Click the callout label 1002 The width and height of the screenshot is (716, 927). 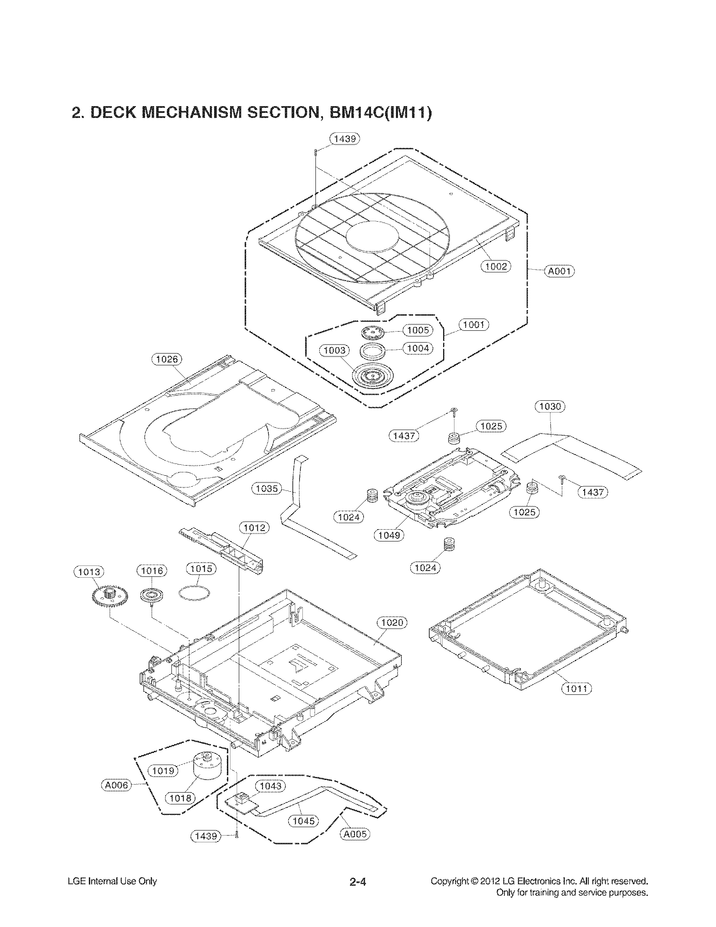[495, 266]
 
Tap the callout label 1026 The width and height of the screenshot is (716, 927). [166, 359]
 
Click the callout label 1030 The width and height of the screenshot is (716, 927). [550, 407]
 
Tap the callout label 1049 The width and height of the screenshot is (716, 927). [389, 535]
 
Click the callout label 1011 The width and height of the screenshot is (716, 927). [576, 688]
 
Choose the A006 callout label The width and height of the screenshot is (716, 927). [116, 785]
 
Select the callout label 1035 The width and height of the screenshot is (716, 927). [266, 489]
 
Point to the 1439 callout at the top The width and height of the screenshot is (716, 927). [345, 139]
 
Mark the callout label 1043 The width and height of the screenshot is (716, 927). [270, 786]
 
